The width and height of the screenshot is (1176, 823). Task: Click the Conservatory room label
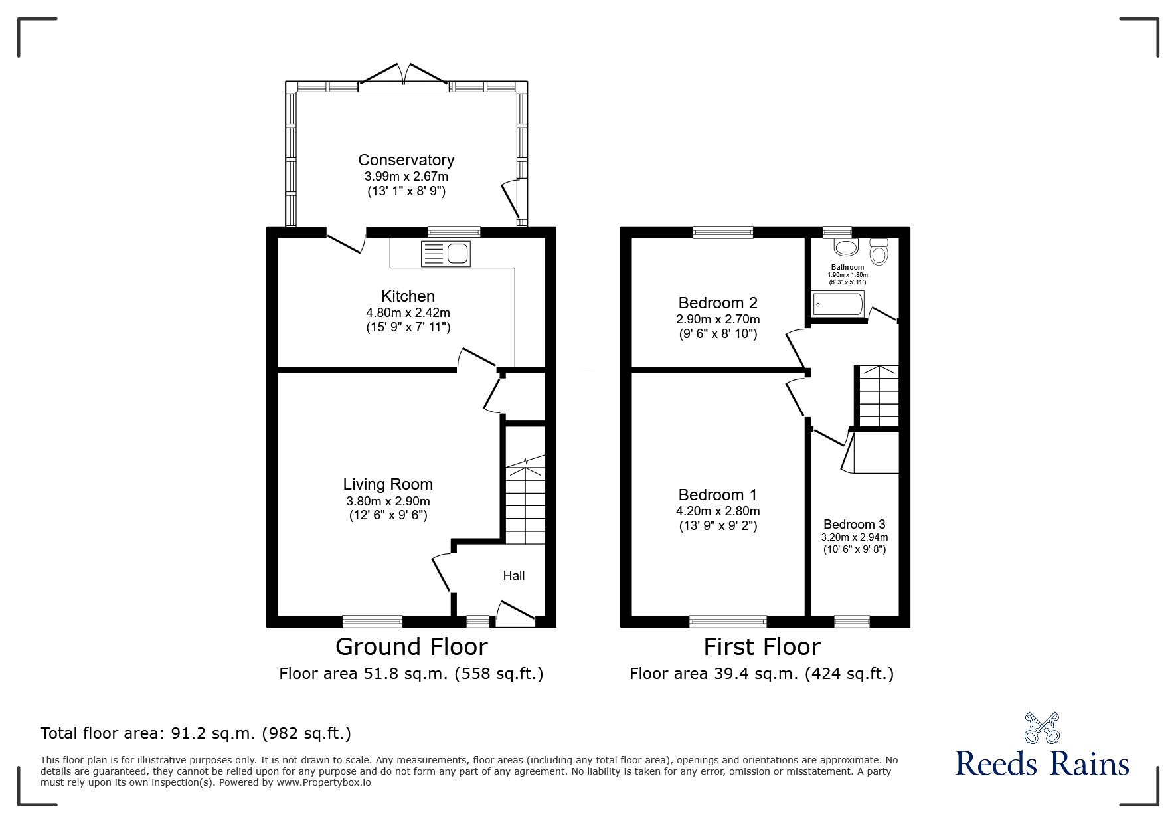[406, 160]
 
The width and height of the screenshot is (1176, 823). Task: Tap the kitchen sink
[446, 254]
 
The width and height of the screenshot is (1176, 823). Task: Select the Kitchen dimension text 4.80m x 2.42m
[408, 312]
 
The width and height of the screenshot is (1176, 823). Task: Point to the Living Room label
[388, 484]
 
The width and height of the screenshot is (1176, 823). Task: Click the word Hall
[514, 575]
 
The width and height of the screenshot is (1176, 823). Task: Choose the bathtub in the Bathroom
[838, 304]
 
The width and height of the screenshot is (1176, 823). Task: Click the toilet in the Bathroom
[879, 251]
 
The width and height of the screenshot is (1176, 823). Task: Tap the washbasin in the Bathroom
[846, 247]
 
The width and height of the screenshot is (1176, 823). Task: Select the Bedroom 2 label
[718, 303]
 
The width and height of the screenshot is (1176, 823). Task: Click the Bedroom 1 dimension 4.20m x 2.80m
[718, 511]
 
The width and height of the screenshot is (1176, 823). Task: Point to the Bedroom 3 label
[855, 524]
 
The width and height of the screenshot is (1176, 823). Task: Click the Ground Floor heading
[412, 646]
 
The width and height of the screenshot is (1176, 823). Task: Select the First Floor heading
[762, 646]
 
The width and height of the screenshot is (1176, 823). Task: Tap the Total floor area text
[196, 733]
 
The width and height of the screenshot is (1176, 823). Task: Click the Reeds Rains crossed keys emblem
[1042, 727]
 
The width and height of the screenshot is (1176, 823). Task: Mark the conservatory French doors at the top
[404, 74]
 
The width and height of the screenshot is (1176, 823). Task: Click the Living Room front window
[373, 621]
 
